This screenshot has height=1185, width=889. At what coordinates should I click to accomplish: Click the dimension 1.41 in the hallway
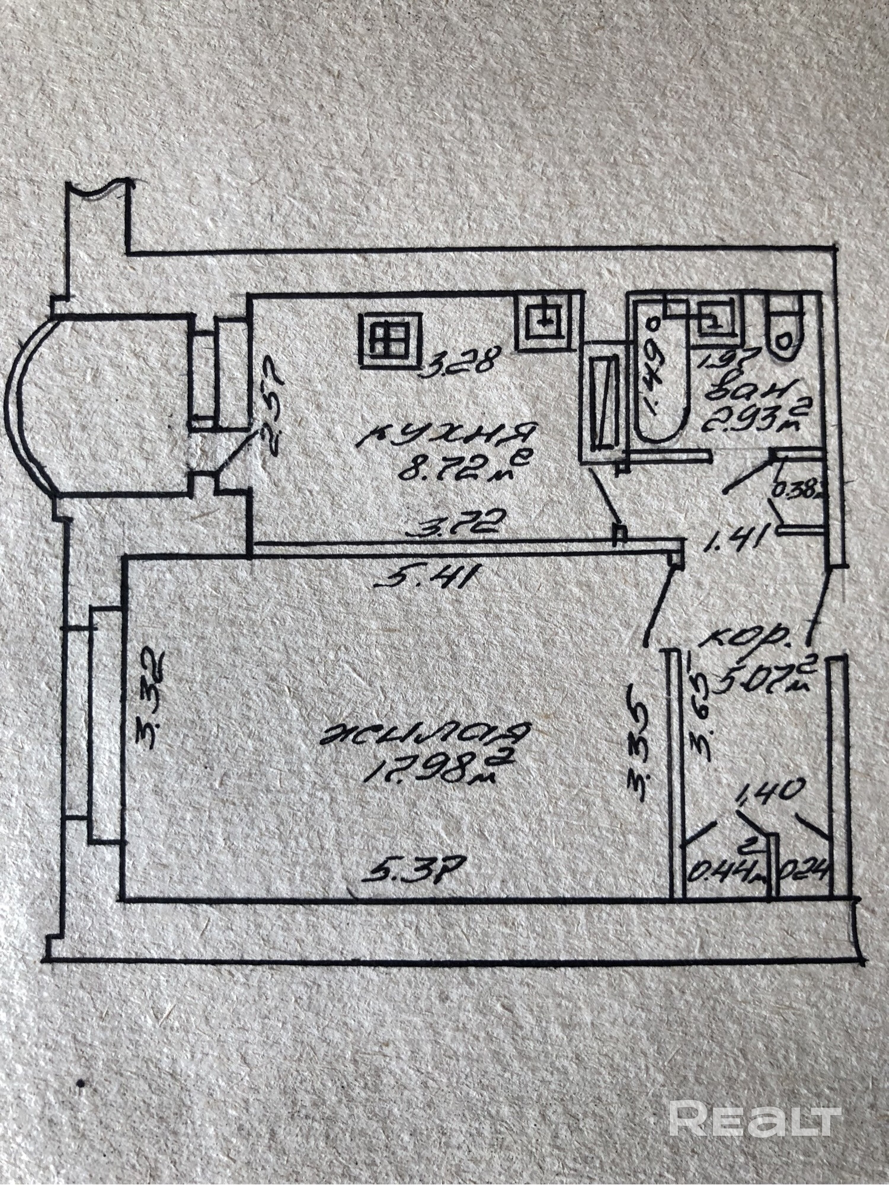click(x=741, y=536)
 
